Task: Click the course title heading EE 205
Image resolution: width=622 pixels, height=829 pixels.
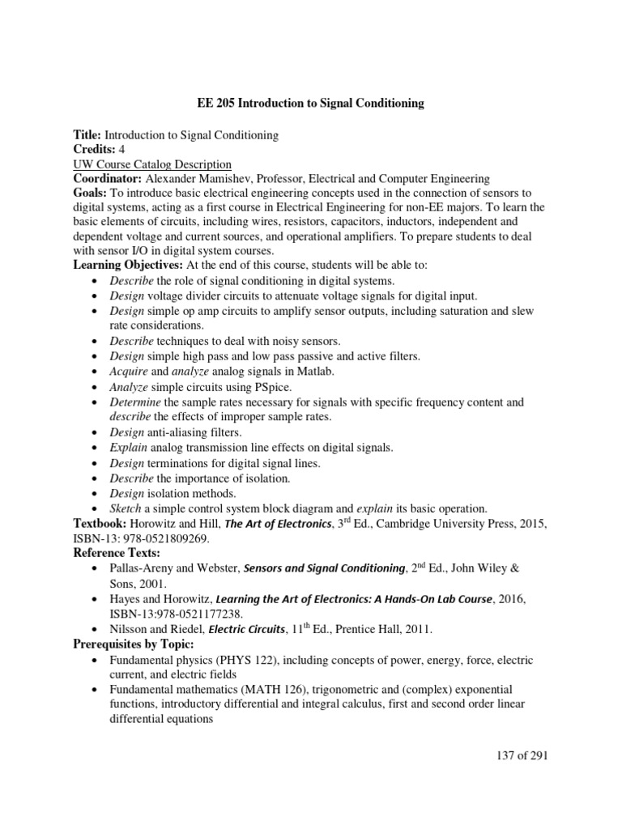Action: tap(310, 104)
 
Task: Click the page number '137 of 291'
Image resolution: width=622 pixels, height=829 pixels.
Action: tap(513, 755)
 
